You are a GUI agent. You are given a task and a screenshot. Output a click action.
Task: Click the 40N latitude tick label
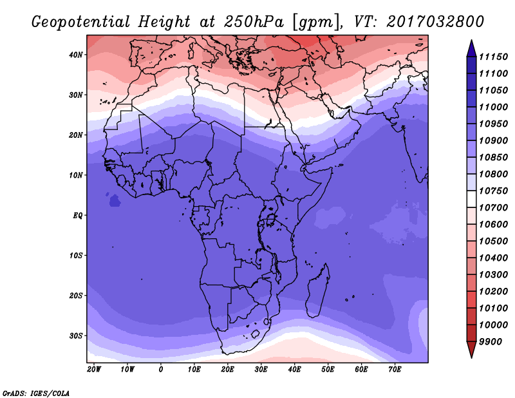tap(76, 55)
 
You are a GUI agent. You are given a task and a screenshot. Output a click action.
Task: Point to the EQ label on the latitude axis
tap(77, 216)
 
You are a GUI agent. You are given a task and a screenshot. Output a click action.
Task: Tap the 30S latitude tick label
tap(76, 336)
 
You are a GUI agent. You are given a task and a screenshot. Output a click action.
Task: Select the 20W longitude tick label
tap(94, 370)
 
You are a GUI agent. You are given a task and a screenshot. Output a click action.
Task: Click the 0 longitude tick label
tap(160, 370)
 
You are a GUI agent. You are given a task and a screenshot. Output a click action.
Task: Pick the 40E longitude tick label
tap(294, 370)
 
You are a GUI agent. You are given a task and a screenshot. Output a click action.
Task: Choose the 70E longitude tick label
tap(395, 370)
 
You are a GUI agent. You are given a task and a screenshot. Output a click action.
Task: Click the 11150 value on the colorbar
tap(493, 57)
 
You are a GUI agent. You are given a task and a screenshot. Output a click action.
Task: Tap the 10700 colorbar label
tap(493, 208)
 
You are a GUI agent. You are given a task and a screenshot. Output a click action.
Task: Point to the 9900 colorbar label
tap(491, 342)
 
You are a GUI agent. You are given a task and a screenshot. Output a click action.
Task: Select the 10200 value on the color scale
tap(493, 292)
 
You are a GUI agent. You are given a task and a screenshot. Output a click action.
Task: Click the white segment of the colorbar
tap(471, 199)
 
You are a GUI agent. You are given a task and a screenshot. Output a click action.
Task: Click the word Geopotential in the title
tap(81, 23)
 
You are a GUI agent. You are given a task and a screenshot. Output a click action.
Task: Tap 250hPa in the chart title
tap(253, 22)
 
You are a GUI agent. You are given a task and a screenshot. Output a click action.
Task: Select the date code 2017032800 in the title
tap(435, 21)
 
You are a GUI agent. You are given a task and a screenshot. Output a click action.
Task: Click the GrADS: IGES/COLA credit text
tap(36, 393)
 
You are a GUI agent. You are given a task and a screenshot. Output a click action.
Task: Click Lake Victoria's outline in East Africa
tap(270, 220)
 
